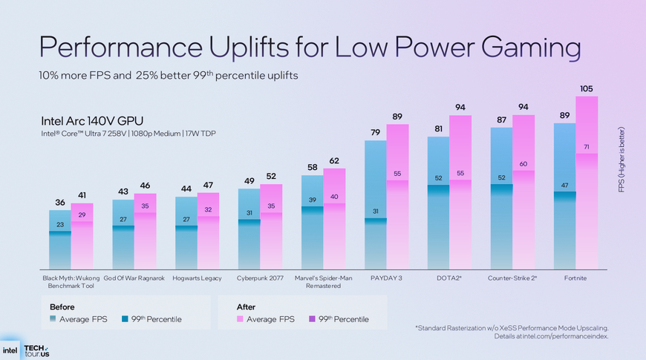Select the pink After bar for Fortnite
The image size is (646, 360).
coord(587,208)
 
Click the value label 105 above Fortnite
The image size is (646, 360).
coord(587,89)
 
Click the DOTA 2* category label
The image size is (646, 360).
coord(450,278)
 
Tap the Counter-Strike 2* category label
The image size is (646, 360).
coord(512,278)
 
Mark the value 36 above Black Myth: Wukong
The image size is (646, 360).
coord(60,202)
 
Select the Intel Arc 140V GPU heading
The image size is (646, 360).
coord(92,121)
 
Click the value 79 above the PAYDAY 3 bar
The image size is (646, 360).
coord(376,133)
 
